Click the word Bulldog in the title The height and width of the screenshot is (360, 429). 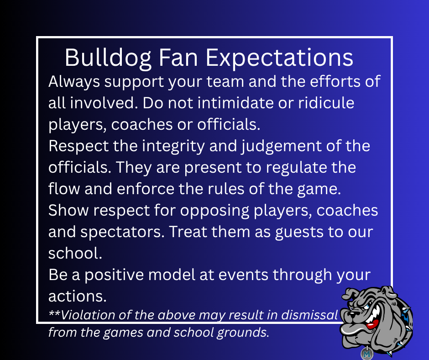click(108, 58)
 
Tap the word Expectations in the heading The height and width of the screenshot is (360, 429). click(279, 58)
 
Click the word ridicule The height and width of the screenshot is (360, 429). click(326, 103)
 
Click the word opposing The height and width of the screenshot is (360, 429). click(214, 211)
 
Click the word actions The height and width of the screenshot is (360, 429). click(78, 296)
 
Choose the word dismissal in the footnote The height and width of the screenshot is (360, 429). click(310, 315)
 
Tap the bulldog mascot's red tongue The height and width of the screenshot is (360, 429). click(372, 325)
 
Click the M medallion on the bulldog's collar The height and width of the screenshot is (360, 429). click(367, 354)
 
